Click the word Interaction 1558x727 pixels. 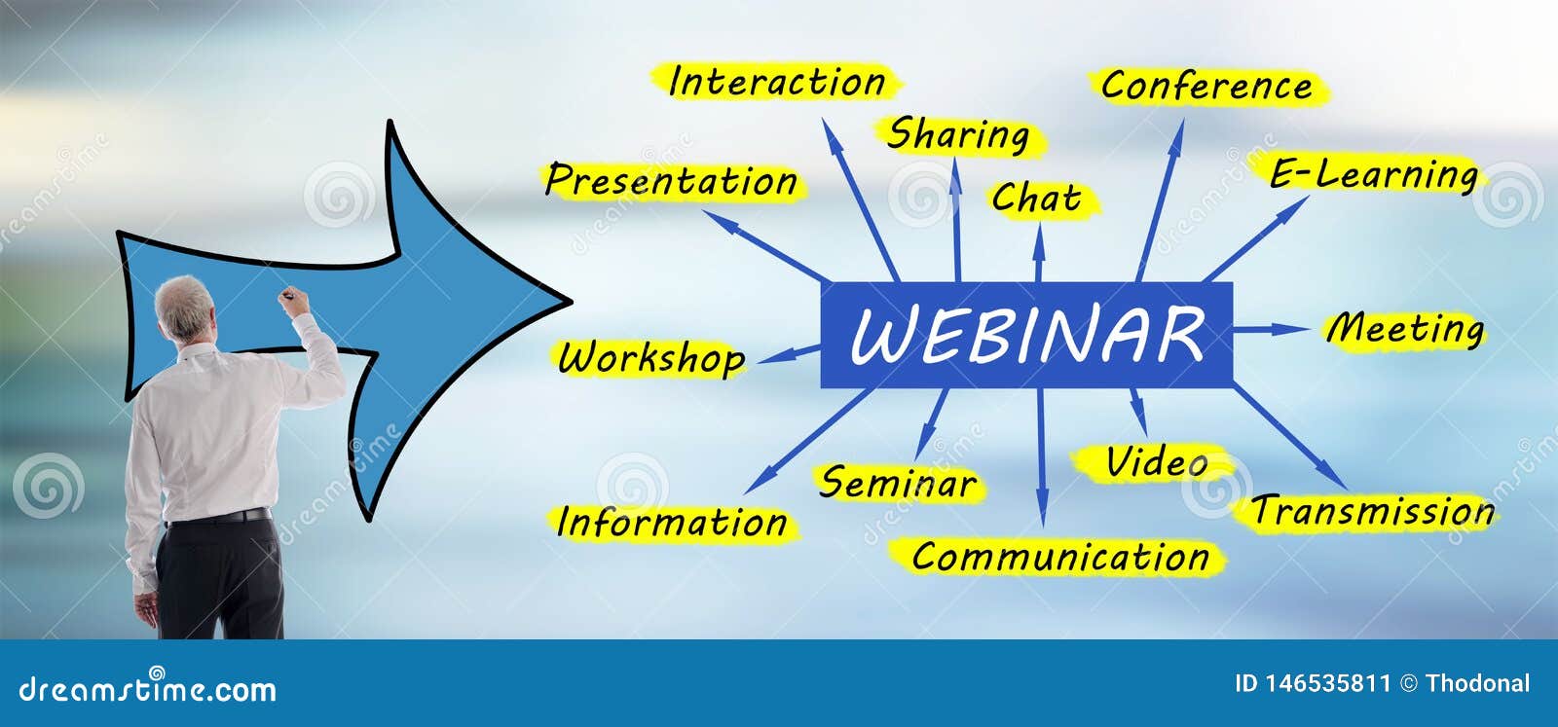point(777,82)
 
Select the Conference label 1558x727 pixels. point(1206,87)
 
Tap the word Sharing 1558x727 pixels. point(958,135)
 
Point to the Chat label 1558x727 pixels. point(1037,199)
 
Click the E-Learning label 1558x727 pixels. point(1374,175)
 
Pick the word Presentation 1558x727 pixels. point(672,181)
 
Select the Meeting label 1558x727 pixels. point(1405,329)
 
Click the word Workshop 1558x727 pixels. point(651,358)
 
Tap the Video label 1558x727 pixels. point(1157,462)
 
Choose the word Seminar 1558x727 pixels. point(898,483)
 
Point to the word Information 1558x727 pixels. point(672,523)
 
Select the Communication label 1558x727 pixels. point(1060,558)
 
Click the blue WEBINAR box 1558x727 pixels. point(1026,335)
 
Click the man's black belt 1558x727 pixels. point(219,516)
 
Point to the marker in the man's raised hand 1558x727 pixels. point(287,293)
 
